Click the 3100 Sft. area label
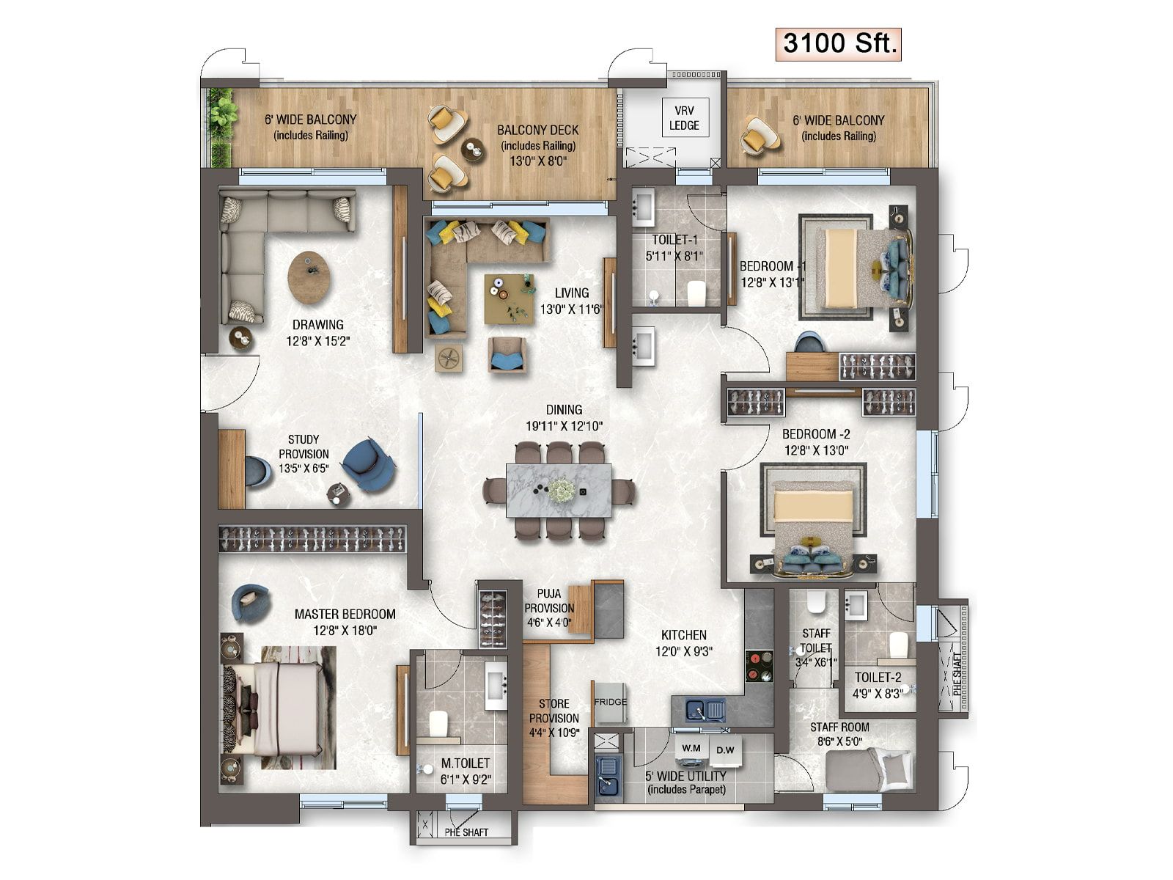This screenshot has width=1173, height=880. point(838,44)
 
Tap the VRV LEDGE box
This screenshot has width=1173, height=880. point(685,117)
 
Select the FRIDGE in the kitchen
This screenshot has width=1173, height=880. point(610,702)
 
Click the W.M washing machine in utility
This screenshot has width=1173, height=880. point(691,748)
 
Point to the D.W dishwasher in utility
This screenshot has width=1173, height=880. point(725,750)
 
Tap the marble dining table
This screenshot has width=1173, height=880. point(559,490)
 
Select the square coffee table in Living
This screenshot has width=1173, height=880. point(509,298)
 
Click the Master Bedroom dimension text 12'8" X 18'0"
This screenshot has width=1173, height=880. point(345,631)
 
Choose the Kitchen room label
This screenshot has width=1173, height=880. point(683,635)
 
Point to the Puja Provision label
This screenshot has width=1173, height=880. point(549,601)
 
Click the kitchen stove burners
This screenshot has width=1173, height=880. point(759,667)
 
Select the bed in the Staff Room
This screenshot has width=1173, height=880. point(869,770)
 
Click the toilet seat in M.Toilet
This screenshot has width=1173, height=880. point(438,724)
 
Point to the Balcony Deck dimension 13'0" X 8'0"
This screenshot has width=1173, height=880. point(538,161)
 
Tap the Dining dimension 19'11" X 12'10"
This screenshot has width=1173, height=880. point(565,426)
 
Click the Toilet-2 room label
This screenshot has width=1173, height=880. point(878,678)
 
